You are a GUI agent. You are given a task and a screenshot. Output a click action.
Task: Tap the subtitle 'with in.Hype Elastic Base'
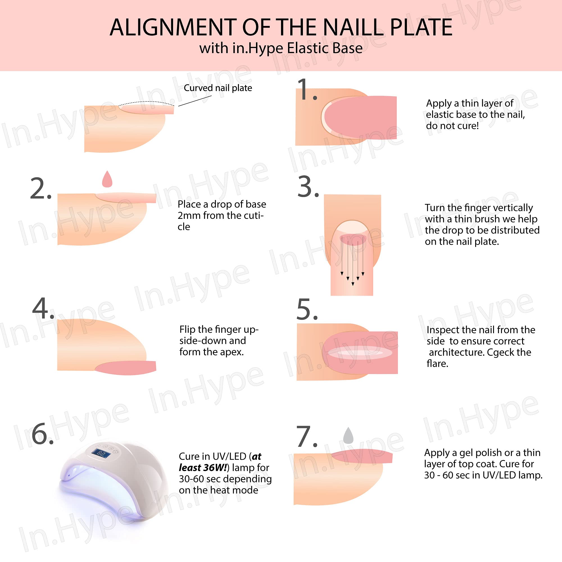(281, 48)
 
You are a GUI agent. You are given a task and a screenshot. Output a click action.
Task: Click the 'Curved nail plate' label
(218, 88)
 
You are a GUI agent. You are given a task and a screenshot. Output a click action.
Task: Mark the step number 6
(42, 433)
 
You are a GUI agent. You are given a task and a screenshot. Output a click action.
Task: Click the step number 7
(307, 436)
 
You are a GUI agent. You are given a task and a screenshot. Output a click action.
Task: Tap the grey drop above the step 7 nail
(348, 436)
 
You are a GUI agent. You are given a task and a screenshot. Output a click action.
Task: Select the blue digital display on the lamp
(101, 453)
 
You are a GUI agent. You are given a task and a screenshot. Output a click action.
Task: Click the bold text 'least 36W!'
(203, 468)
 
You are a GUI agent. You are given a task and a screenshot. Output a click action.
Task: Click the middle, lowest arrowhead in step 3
(353, 284)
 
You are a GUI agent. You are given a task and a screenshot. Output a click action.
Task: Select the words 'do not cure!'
(452, 126)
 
